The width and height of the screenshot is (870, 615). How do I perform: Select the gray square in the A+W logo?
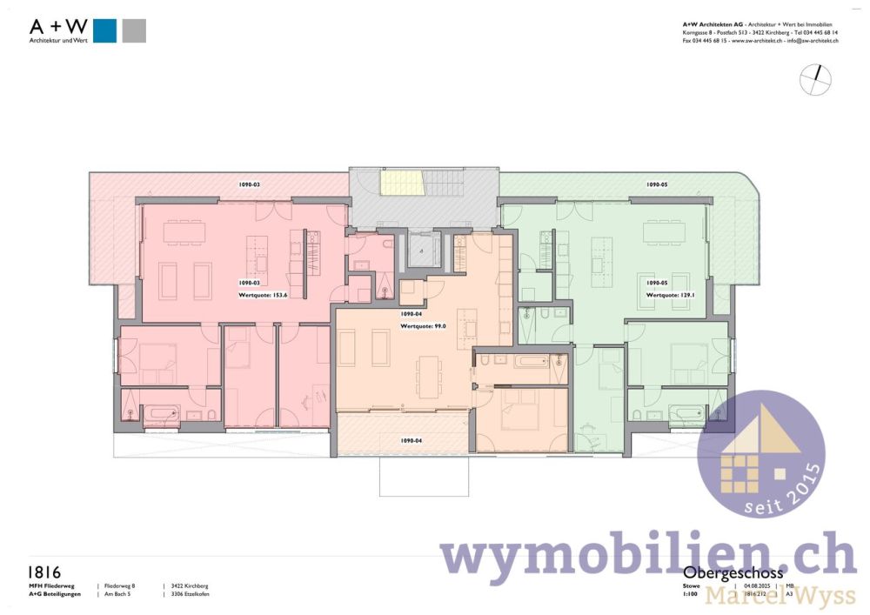tap(134, 30)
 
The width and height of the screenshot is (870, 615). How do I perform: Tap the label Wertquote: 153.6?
tap(263, 296)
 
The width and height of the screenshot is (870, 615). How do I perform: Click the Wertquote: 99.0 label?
tap(423, 326)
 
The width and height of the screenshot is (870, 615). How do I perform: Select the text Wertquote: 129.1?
tap(669, 296)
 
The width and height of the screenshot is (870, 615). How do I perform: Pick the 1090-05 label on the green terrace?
tap(656, 184)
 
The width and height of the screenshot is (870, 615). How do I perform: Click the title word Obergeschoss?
tap(733, 573)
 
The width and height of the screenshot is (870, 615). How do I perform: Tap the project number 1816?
tap(44, 572)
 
